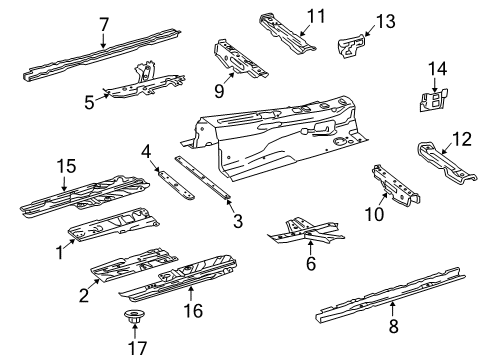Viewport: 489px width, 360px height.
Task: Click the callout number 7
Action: [104, 25]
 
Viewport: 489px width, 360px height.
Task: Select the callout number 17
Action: [137, 348]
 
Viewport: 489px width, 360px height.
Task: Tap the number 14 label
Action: [437, 69]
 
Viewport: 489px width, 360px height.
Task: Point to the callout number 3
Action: [238, 221]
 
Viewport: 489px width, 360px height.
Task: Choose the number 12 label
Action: [462, 139]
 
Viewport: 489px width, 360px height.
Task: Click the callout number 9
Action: [219, 91]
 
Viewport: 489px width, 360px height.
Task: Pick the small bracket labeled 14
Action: [433, 100]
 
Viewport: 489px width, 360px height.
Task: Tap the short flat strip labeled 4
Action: [176, 184]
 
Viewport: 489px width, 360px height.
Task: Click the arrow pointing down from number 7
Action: [103, 41]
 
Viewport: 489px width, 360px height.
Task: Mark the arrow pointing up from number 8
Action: [393, 309]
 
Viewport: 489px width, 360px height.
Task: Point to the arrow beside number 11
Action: [307, 30]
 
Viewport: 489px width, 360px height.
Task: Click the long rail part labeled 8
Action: [390, 295]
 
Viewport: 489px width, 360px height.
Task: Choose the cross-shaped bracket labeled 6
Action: [306, 232]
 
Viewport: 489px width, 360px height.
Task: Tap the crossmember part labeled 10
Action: [396, 185]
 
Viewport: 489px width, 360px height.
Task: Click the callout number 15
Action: [66, 166]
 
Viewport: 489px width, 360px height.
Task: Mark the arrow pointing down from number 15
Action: [64, 183]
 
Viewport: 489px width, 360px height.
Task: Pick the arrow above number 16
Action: [191, 295]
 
